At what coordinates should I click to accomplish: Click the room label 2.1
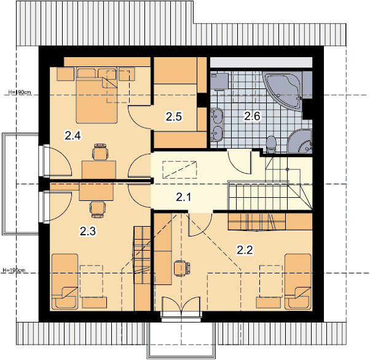183,197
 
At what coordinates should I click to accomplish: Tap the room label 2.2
245,250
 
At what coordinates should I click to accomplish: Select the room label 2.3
87,231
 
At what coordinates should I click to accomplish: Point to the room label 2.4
73,136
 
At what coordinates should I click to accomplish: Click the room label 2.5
173,117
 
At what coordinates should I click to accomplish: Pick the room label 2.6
252,116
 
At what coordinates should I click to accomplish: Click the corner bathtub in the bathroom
283,91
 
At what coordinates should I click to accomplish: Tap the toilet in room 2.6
271,144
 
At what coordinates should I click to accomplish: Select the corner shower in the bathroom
300,141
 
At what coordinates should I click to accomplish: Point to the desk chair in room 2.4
100,152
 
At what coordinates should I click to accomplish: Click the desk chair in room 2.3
98,209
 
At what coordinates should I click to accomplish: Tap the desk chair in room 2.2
182,268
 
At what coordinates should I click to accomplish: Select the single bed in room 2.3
65,281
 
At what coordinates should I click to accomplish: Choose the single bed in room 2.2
298,281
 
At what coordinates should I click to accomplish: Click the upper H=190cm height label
20,92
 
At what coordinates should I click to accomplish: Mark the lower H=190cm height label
14,270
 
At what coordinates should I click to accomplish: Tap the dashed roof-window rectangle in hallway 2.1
179,170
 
